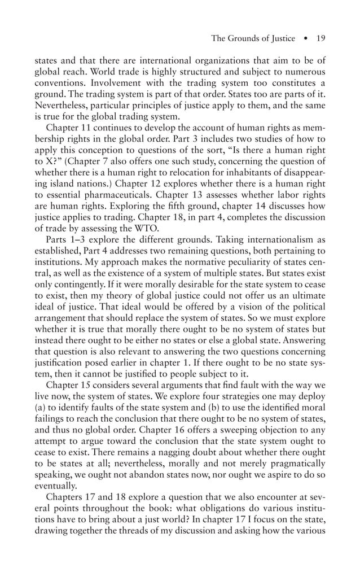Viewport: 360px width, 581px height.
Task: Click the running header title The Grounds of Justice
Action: [x=253, y=38]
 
